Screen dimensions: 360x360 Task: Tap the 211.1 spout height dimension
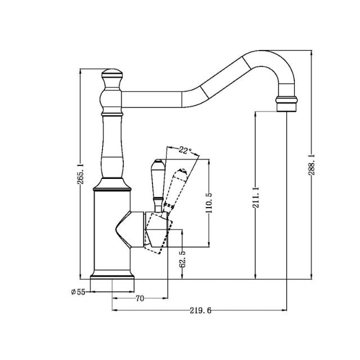[256, 197]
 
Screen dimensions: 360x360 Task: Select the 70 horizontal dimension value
[140, 299]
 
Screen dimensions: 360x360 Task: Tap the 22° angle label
[185, 150]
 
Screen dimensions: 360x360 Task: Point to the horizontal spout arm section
[152, 99]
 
